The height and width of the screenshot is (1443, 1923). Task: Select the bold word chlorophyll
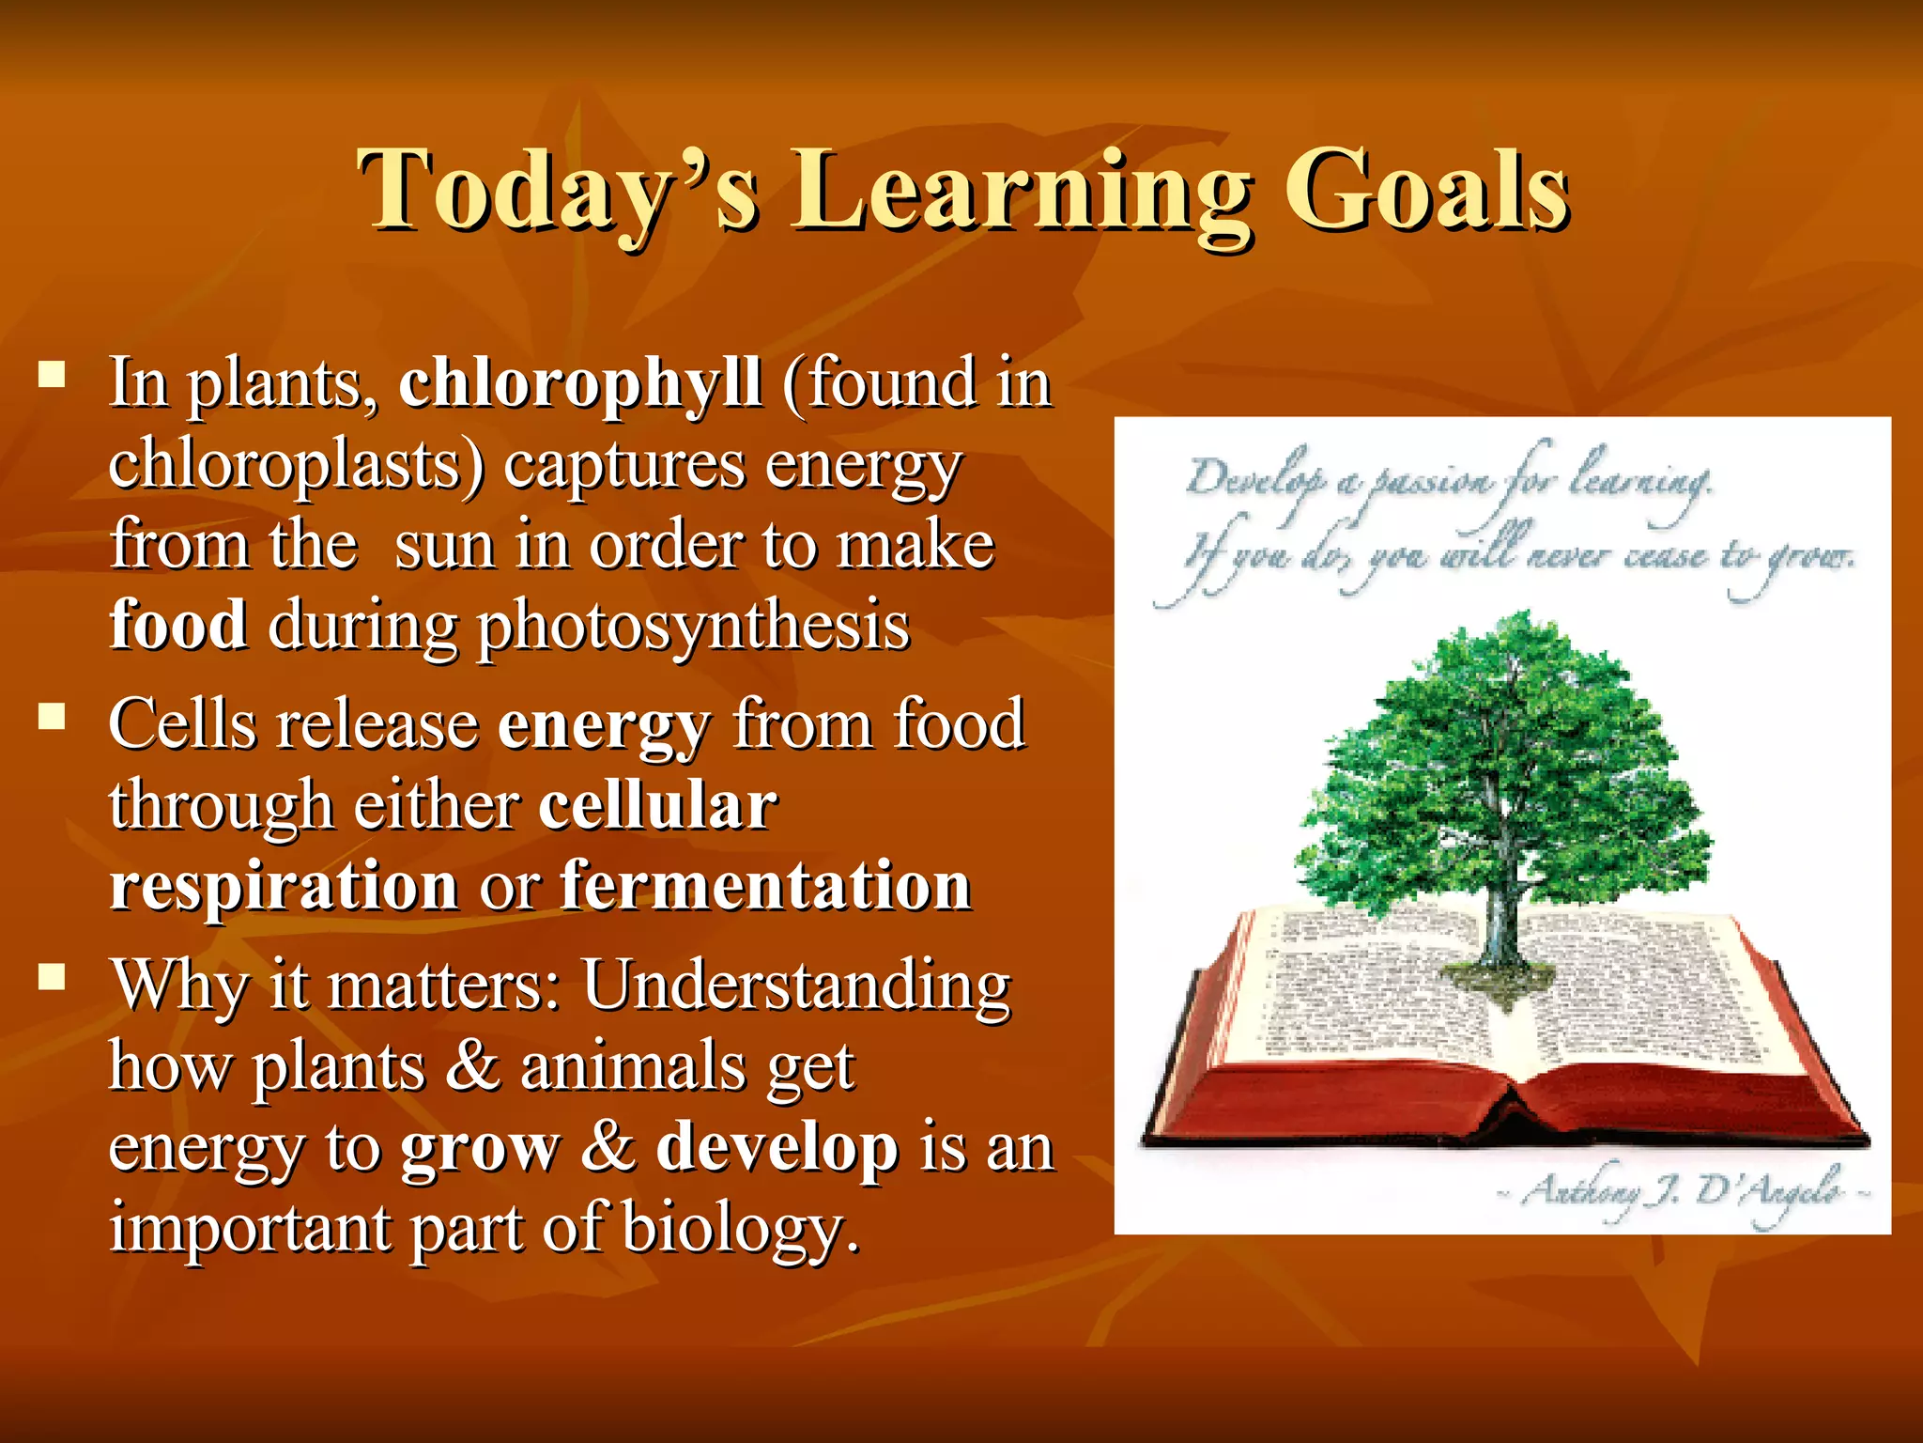(x=579, y=383)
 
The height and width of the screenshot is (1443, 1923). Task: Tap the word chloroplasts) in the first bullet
(x=296, y=465)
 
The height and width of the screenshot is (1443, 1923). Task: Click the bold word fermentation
(x=764, y=885)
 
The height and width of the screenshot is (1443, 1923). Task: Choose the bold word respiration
(x=284, y=885)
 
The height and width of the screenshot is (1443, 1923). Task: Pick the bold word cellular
(x=657, y=805)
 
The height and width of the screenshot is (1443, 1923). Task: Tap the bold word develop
(x=777, y=1148)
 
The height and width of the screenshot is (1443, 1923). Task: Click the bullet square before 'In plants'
(x=52, y=376)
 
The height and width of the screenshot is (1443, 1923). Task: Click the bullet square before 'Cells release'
(x=52, y=718)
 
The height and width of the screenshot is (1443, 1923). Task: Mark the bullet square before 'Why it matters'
(x=52, y=978)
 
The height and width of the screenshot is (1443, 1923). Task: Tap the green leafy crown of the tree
(x=1502, y=752)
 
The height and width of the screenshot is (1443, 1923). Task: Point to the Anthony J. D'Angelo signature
(x=1681, y=1191)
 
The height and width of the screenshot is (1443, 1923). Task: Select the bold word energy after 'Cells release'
(x=604, y=725)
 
